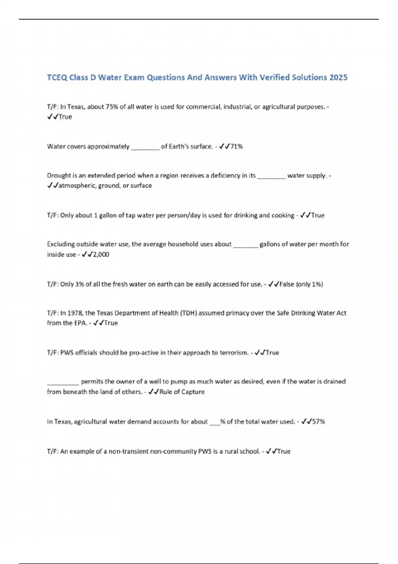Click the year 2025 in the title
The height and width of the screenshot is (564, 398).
point(338,77)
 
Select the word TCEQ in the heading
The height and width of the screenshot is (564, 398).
point(57,78)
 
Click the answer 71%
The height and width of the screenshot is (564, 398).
point(236,146)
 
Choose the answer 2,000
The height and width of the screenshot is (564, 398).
point(101,254)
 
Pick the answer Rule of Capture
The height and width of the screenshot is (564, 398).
point(182,392)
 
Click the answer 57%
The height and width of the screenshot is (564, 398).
point(318,422)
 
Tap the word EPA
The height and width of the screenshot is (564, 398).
point(80,323)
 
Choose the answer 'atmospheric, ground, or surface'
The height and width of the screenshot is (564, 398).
point(105,186)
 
